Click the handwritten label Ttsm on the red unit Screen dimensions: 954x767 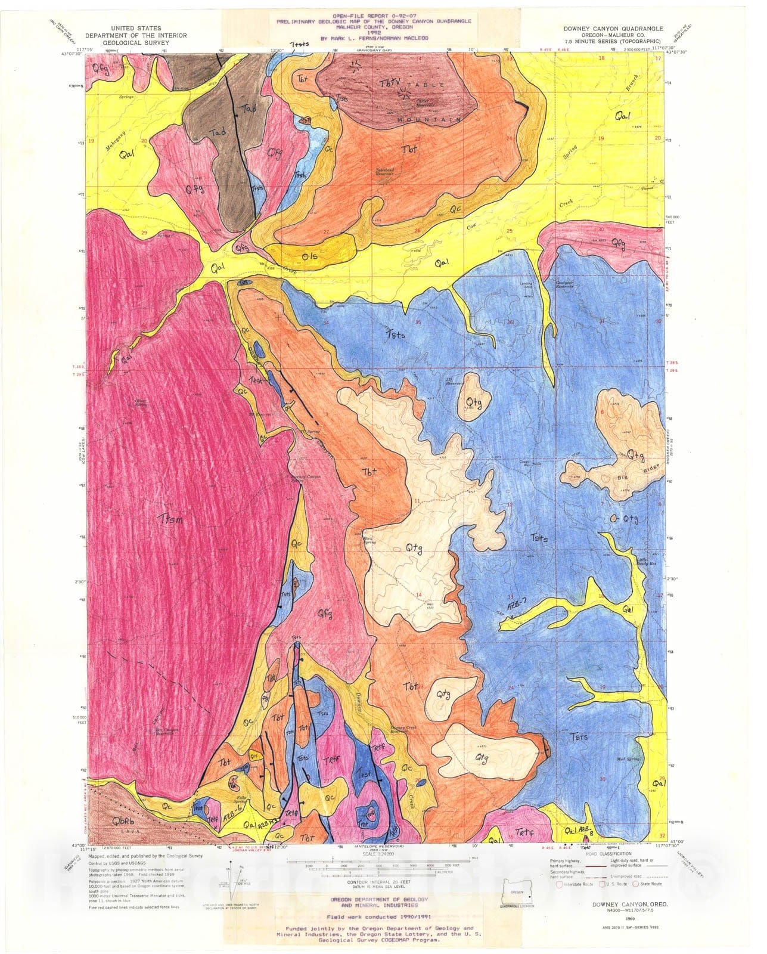170,519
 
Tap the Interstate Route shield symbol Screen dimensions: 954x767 559,884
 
